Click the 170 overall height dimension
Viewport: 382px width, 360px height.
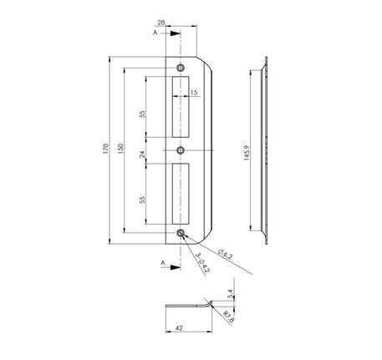point(105,149)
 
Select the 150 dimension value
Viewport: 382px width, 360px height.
point(120,149)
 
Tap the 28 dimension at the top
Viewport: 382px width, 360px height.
point(161,23)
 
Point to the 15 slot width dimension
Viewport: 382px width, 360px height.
point(194,92)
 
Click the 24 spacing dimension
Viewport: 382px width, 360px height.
point(142,155)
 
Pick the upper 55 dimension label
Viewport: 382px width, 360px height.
point(142,114)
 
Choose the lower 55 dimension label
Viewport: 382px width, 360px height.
point(142,200)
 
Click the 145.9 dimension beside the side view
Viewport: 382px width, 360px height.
point(247,153)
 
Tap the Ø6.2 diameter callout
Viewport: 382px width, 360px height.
point(225,254)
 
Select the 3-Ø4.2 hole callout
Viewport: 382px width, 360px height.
point(202,262)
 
